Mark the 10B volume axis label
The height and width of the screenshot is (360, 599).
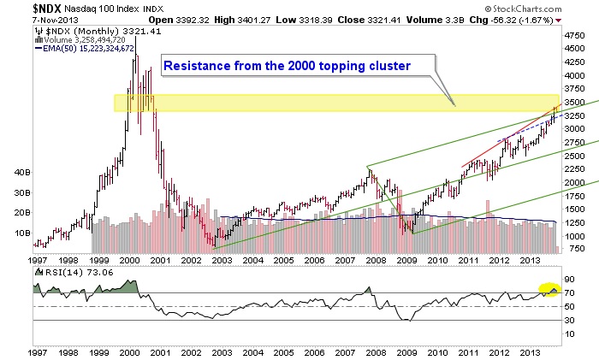click(19, 232)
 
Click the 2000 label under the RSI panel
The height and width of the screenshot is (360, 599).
click(130, 351)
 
